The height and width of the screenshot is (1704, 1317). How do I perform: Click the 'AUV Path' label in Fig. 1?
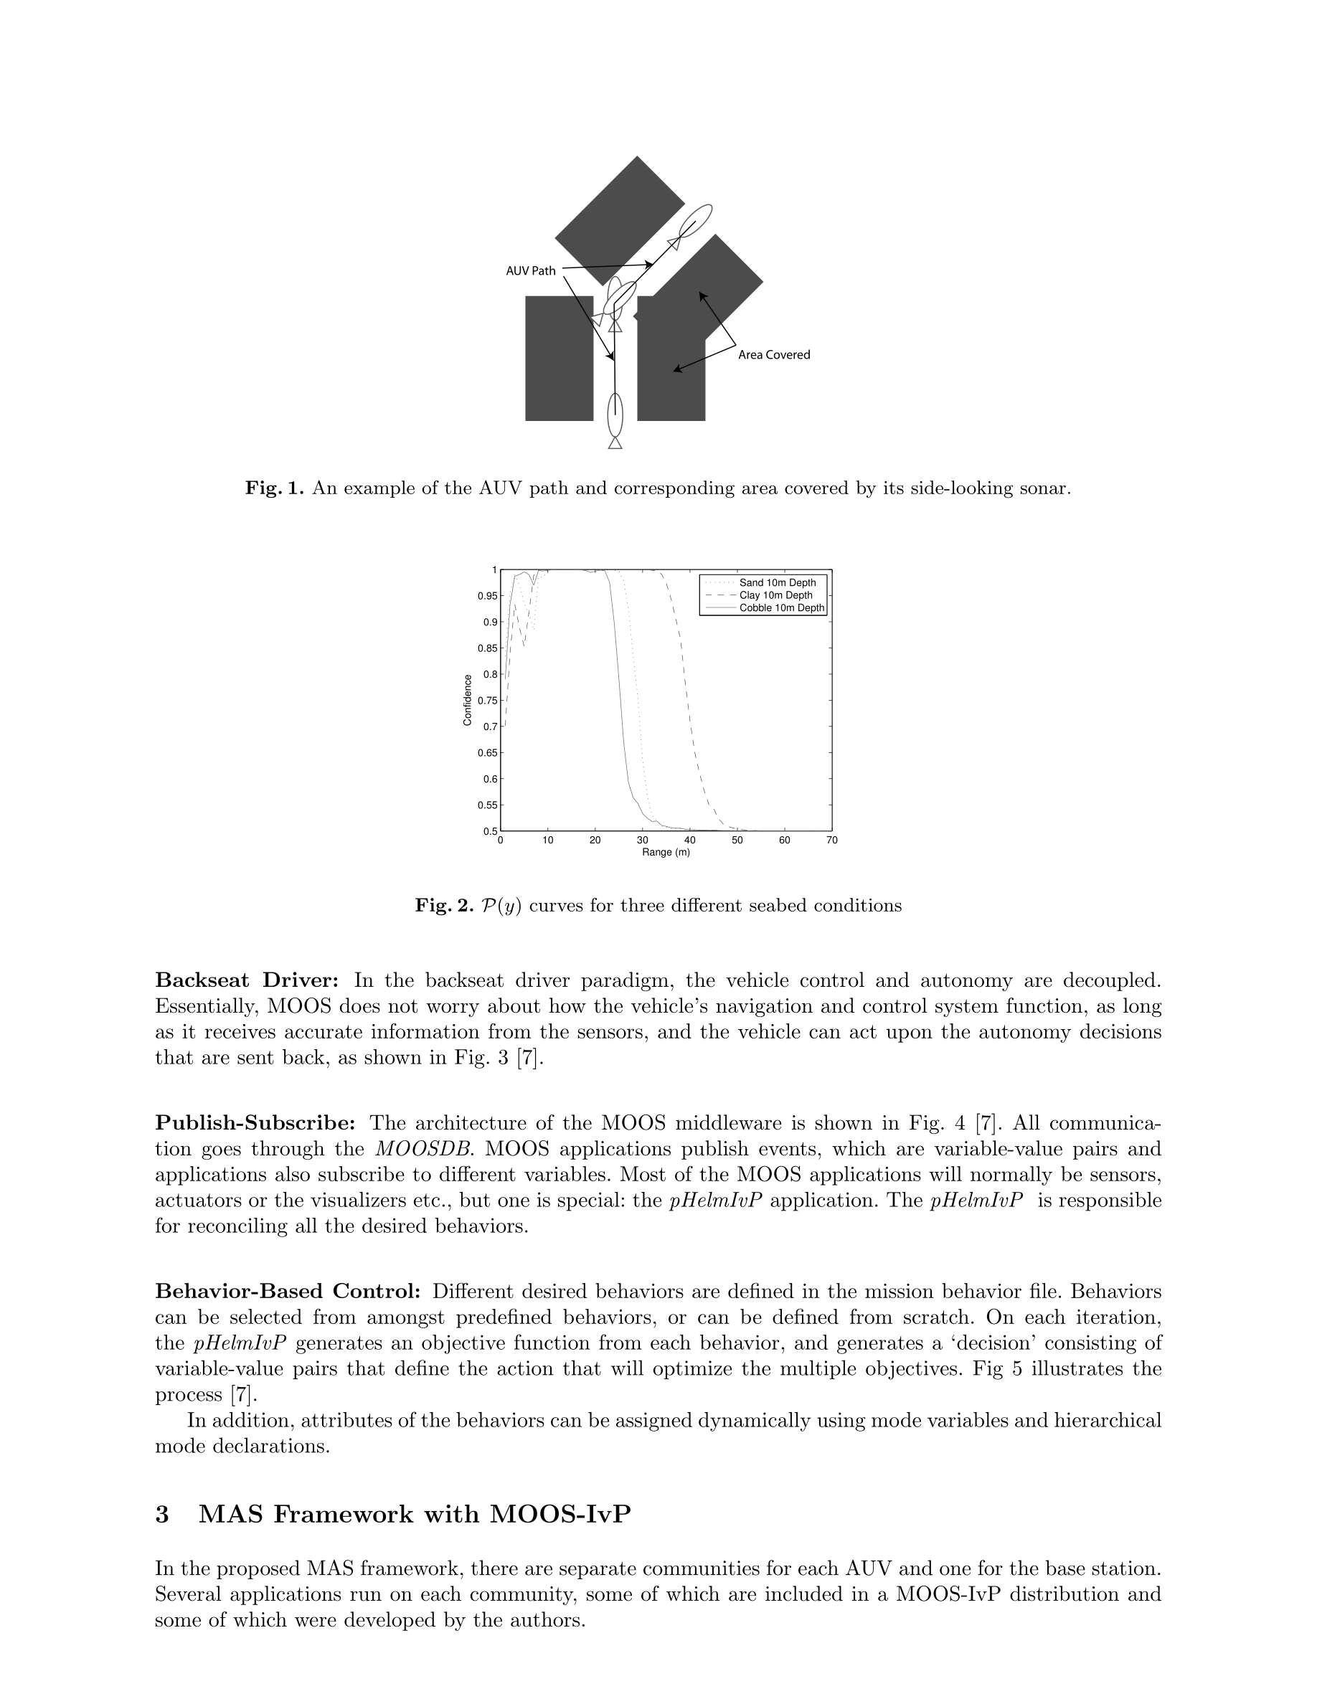531,271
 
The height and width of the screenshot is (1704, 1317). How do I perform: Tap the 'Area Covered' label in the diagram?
774,355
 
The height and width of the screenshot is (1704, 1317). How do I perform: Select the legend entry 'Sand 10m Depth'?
777,583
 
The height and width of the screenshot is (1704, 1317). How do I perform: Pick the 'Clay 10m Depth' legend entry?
775,595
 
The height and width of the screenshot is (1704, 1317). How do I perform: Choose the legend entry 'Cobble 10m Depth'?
781,607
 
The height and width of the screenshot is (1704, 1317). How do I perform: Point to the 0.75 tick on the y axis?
488,701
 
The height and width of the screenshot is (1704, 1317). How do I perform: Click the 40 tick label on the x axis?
690,841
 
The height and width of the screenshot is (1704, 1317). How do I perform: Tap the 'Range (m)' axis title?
666,852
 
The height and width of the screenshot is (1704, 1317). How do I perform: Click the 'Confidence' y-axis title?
468,700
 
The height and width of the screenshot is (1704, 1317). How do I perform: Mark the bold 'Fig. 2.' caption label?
444,905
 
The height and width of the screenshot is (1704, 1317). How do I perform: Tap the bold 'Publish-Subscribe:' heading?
255,1123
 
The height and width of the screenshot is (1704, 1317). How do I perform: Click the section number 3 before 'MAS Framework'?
162,1515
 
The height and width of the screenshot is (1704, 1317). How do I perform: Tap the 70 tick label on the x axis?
831,841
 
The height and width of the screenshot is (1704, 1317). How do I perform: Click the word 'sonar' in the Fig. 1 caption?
1044,488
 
